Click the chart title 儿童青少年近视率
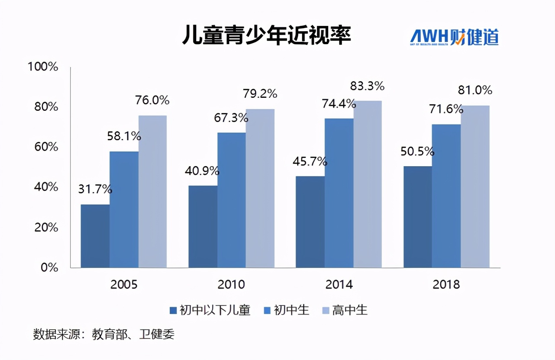[266, 35]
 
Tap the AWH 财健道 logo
[454, 38]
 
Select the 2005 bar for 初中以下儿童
[95, 236]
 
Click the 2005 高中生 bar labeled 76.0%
[152, 191]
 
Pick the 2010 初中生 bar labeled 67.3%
[231, 200]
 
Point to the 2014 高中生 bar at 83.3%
[368, 184]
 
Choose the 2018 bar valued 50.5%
[417, 217]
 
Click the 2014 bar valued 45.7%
[310, 222]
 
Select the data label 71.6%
[446, 109]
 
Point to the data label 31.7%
[95, 189]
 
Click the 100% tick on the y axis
[42, 67]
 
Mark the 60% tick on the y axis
[46, 147]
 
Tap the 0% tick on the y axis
[48, 267]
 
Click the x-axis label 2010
[232, 284]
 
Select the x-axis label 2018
[446, 284]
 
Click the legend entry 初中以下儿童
[215, 310]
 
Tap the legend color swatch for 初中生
[267, 310]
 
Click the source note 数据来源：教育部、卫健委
[104, 334]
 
